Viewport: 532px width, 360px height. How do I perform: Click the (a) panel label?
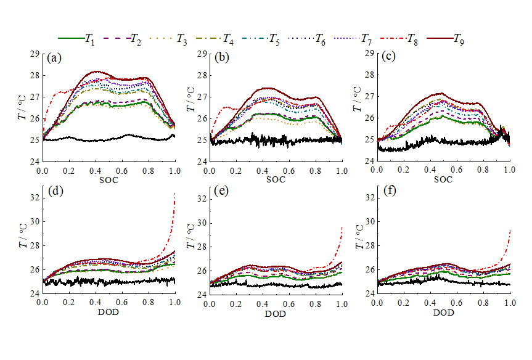click(54, 59)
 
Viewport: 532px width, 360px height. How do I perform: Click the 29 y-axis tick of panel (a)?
click(35, 54)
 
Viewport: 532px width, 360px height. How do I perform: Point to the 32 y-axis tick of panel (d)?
click(35, 198)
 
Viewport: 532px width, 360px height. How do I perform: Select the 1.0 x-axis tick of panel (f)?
click(509, 304)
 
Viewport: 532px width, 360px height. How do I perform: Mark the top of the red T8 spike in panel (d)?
click(175, 194)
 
